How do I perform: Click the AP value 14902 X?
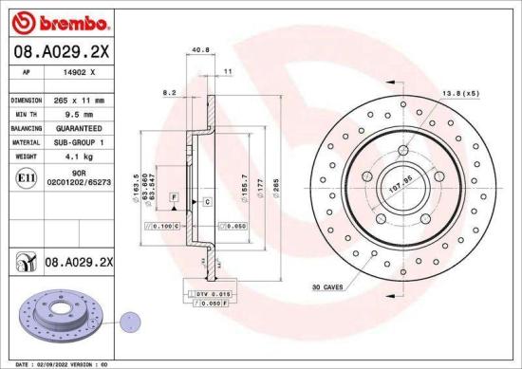[78, 72]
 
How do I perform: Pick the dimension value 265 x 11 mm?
[78, 99]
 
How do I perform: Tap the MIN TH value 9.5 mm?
[78, 112]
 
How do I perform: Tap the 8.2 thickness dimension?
[171, 93]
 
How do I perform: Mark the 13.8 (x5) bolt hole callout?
[460, 93]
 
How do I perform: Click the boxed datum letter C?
[206, 202]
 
